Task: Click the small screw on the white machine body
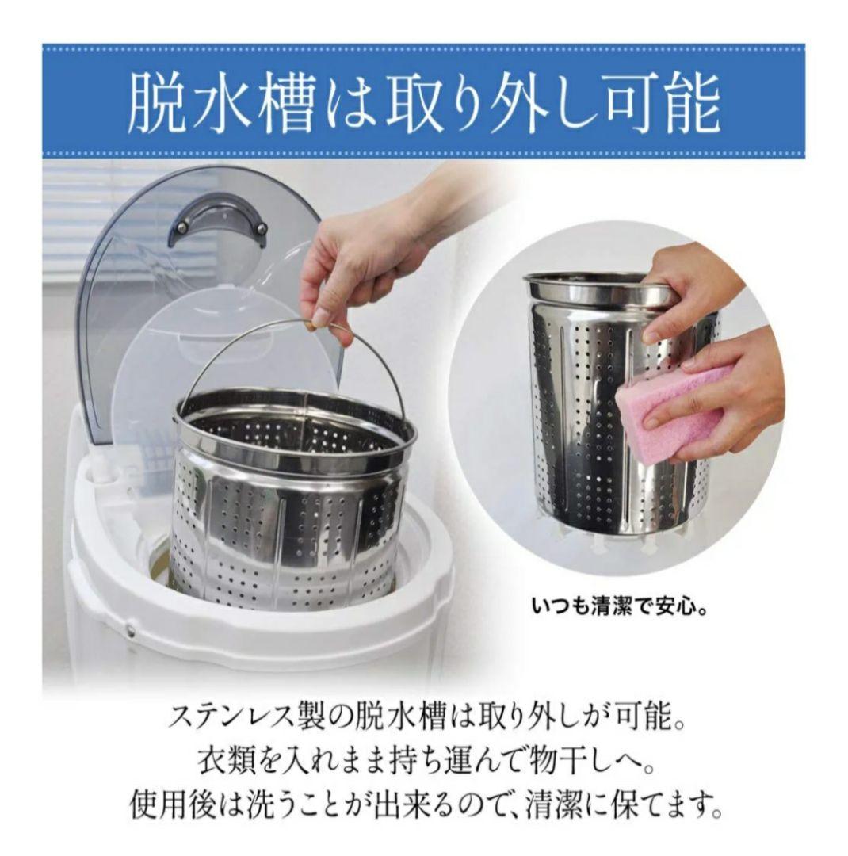(129, 631)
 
